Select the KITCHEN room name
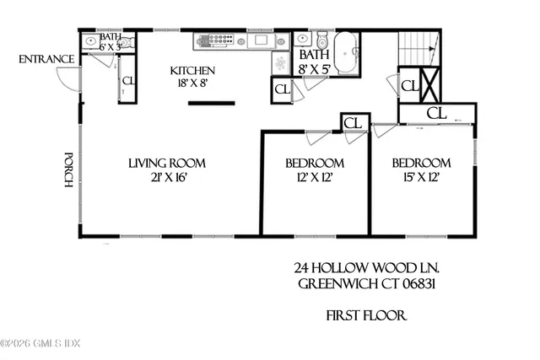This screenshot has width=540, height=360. pyautogui.click(x=193, y=71)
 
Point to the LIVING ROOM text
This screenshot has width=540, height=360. pyautogui.click(x=167, y=163)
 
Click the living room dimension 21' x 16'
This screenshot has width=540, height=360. pyautogui.click(x=167, y=177)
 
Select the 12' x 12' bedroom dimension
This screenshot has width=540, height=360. pyautogui.click(x=314, y=177)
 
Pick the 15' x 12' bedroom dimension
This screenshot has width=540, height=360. pyautogui.click(x=421, y=177)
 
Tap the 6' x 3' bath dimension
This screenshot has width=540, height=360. pyautogui.click(x=111, y=47)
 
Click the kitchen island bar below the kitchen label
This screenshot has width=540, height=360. pyautogui.click(x=211, y=104)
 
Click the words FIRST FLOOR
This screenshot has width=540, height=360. pyautogui.click(x=367, y=316)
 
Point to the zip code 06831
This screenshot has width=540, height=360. pyautogui.click(x=418, y=283)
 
